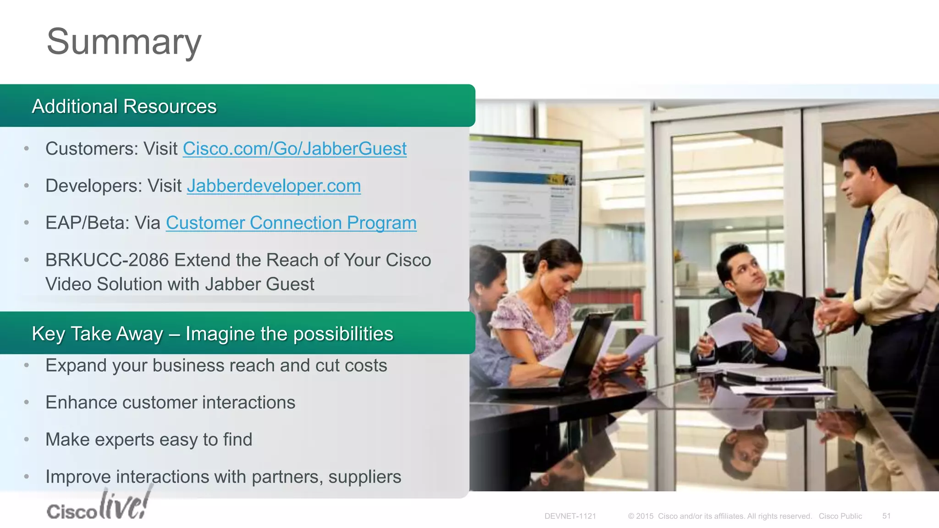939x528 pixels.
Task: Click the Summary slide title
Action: pos(124,42)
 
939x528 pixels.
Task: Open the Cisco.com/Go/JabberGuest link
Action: pos(294,149)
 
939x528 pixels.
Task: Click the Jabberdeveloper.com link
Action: pos(274,186)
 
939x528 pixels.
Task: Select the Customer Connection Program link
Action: pos(291,223)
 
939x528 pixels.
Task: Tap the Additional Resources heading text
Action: pos(124,106)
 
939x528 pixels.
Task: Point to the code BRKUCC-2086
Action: pos(107,260)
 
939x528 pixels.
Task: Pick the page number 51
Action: pos(886,516)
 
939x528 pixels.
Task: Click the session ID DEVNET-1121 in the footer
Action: pos(570,516)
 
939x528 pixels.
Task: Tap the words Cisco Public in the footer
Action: pos(840,516)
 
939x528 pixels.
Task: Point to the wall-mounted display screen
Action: pos(523,192)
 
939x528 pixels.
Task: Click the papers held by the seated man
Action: pos(734,328)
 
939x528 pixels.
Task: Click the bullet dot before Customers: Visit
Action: pos(27,148)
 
